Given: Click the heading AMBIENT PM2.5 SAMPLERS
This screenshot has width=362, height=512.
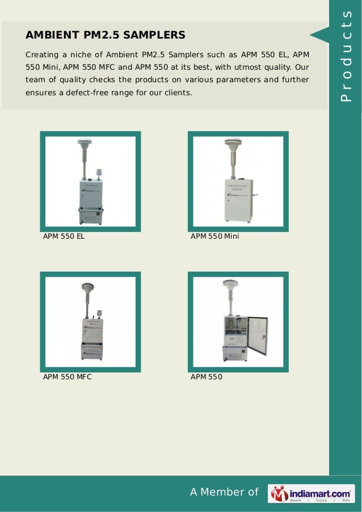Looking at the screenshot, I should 106,35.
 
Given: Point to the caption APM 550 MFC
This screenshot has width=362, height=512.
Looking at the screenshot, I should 68,376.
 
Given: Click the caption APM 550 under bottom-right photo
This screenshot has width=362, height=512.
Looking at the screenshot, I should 207,376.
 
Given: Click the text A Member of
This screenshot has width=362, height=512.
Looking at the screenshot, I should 224,492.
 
